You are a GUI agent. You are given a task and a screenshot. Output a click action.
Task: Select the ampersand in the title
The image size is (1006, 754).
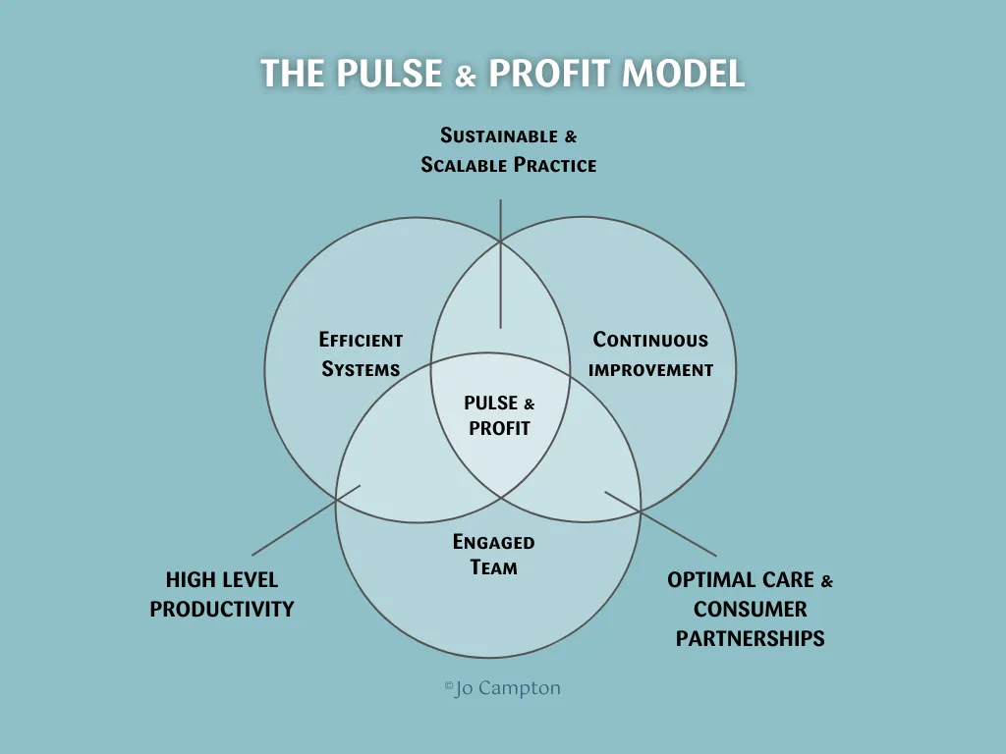point(465,77)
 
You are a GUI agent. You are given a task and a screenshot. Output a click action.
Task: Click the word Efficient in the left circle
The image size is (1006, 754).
point(361,340)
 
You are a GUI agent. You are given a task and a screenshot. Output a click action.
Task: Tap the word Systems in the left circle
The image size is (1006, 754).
point(361,370)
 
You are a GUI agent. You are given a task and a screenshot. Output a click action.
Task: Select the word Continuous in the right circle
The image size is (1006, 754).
point(650,340)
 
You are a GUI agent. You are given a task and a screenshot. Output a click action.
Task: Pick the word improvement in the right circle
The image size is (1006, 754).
point(650,370)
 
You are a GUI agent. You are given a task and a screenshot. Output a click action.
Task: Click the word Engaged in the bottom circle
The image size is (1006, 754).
point(493,541)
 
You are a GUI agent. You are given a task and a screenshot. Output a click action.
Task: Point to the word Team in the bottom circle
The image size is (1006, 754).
point(493,567)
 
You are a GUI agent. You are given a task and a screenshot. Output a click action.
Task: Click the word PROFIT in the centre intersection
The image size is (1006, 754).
point(499,428)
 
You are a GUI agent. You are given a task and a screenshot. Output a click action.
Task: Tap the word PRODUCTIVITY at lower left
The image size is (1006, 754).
point(222,609)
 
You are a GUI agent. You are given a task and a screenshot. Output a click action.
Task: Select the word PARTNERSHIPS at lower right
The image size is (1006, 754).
point(750,638)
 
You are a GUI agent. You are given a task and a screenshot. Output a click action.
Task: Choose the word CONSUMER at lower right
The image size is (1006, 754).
point(750,609)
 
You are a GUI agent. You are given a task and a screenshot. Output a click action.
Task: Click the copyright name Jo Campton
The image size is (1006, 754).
point(508,688)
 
